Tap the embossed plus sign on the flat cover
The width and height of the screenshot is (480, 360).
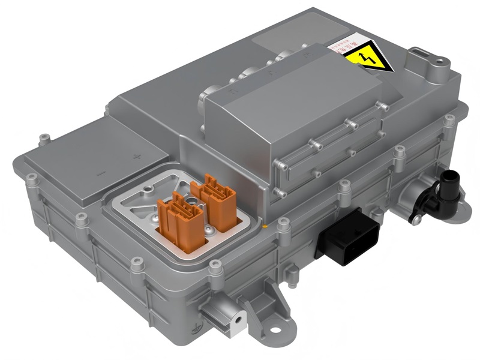pyautogui.click(x=137, y=157)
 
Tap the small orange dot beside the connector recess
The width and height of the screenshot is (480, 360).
pyautogui.click(x=264, y=227)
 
